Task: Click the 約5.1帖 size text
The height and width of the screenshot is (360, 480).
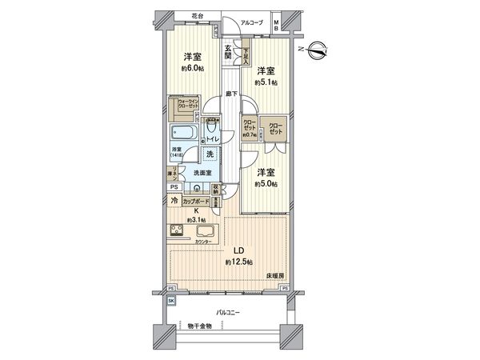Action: (x=266, y=82)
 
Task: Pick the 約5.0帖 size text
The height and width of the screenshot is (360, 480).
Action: (x=266, y=184)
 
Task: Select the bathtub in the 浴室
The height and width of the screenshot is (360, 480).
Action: (x=183, y=134)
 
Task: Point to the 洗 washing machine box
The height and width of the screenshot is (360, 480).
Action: (x=209, y=154)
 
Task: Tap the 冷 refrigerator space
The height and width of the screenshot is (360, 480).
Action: (x=175, y=202)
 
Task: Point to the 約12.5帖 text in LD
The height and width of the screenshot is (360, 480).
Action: (x=238, y=262)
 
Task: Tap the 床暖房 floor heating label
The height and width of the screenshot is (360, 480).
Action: (x=275, y=275)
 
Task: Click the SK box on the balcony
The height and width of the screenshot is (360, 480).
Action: (x=172, y=301)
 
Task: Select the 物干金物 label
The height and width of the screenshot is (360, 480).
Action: (x=202, y=326)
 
